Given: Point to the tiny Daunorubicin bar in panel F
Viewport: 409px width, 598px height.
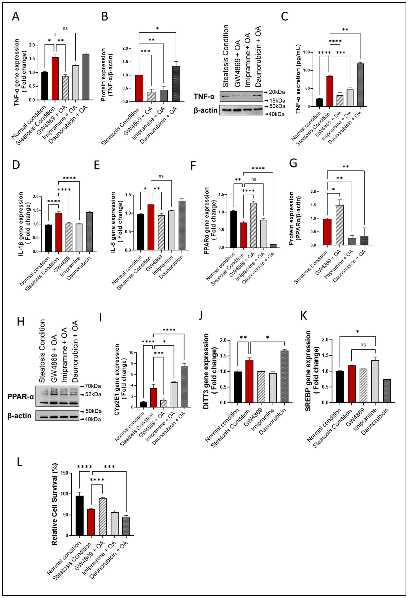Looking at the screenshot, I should (273, 246).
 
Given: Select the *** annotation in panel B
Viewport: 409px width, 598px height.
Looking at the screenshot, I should (145, 51).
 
